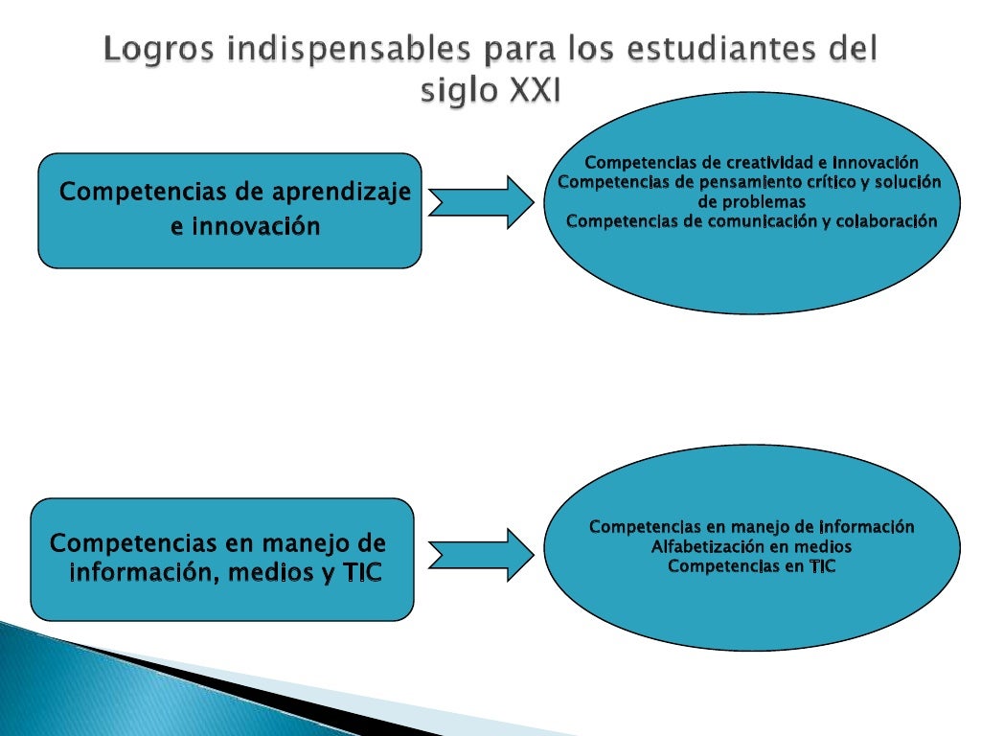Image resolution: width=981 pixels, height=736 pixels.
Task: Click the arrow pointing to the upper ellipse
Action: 481,201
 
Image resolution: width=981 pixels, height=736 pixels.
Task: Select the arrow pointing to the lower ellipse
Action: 481,554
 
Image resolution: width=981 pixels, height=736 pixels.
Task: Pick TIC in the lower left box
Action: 361,574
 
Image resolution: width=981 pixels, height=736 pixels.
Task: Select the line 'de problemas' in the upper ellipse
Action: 751,202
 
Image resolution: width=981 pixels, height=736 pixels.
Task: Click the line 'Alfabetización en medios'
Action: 751,546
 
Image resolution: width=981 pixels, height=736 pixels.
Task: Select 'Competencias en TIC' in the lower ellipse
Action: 751,565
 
